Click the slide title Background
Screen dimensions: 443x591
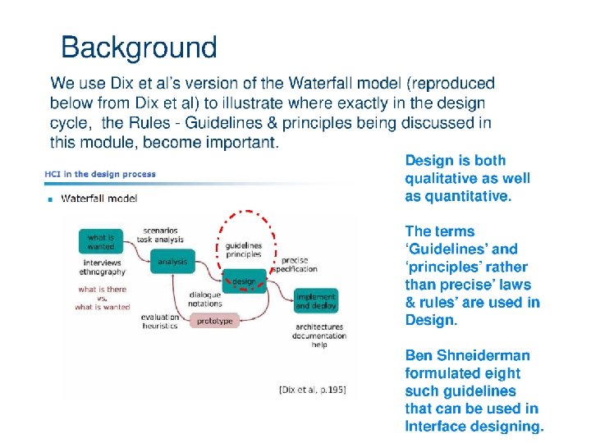[x=139, y=48]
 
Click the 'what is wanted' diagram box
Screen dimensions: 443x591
[x=101, y=242]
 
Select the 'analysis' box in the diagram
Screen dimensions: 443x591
[x=172, y=262]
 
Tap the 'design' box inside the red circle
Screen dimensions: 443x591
[x=244, y=281]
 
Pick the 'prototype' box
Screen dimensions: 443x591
[x=215, y=321]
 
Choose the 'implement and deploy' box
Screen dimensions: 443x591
[x=316, y=301]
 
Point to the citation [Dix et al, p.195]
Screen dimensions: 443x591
[x=314, y=390]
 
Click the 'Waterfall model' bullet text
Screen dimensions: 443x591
[x=99, y=198]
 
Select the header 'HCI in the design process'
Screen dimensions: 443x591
[x=100, y=174]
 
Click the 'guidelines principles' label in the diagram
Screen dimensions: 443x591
[x=243, y=249]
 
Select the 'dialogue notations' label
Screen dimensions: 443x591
[x=205, y=299]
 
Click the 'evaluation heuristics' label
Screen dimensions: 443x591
[x=159, y=321]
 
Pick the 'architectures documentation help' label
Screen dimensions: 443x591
[x=319, y=336]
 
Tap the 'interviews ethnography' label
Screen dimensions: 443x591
[x=103, y=267]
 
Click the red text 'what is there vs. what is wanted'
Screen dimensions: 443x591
[x=103, y=298]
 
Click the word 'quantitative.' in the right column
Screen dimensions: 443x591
[x=469, y=196]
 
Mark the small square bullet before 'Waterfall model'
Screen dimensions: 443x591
[x=50, y=199]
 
